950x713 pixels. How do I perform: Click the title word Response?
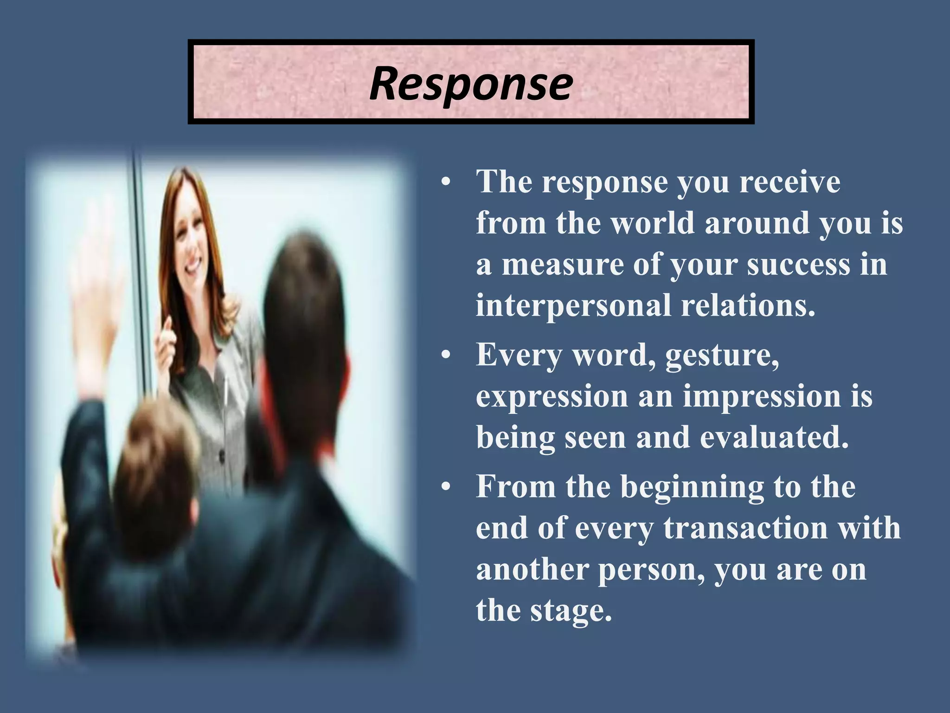pos(471,84)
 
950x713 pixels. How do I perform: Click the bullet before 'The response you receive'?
pos(446,182)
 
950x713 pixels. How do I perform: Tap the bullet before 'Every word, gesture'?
pos(446,356)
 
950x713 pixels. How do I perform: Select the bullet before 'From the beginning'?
pos(446,488)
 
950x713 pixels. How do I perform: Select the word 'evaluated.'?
pos(774,438)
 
